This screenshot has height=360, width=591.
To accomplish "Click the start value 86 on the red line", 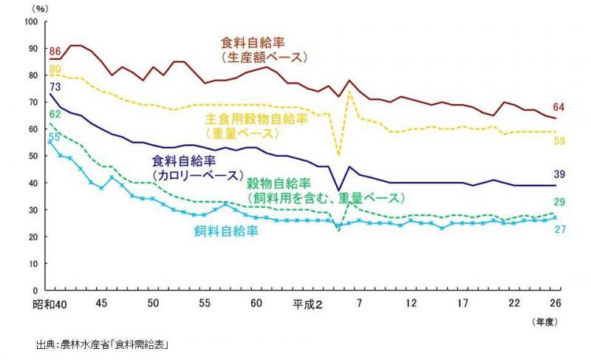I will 55,51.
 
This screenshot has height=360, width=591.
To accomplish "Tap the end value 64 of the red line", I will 558,108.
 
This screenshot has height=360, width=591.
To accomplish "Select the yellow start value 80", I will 55,69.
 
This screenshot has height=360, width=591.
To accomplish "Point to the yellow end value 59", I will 559,140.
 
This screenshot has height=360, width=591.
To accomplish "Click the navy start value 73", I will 55,87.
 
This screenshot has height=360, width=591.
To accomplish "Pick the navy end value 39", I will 559,174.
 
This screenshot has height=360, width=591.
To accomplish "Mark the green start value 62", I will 55,114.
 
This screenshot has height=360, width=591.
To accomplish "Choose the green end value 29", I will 559,203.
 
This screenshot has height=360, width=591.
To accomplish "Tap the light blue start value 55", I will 54,137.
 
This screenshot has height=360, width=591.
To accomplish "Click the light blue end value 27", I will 559,230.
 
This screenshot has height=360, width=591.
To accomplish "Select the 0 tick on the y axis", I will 35,291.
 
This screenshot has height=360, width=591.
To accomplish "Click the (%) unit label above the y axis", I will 35,7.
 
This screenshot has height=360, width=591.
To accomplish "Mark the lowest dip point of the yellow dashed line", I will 339,155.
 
